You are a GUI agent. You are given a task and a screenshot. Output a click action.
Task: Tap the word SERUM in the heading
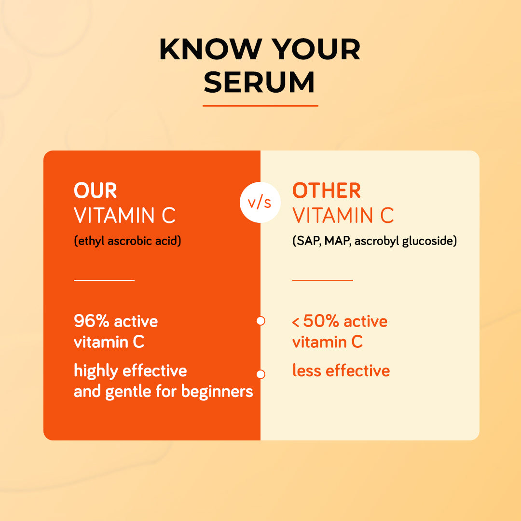click(259, 82)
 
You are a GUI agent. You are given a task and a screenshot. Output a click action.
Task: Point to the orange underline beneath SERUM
click(260, 106)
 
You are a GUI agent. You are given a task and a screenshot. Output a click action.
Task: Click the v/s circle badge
click(260, 202)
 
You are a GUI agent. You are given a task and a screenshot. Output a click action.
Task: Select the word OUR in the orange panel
click(96, 191)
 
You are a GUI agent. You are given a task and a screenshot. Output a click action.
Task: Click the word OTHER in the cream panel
click(326, 191)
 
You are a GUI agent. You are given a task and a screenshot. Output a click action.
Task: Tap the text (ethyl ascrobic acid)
click(127, 241)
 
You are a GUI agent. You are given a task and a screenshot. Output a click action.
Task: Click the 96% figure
click(92, 321)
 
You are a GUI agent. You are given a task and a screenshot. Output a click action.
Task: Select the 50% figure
click(321, 321)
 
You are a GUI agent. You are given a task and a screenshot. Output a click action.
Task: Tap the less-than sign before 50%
click(295, 322)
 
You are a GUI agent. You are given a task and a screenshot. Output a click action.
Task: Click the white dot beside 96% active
click(261, 321)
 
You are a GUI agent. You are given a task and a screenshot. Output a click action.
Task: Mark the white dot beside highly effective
click(261, 374)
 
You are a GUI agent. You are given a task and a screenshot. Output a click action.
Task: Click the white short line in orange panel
click(104, 280)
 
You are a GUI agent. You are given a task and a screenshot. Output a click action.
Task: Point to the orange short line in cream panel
click(323, 280)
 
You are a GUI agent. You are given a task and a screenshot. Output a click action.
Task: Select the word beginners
click(217, 391)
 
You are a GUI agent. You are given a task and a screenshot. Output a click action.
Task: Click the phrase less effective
click(341, 370)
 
